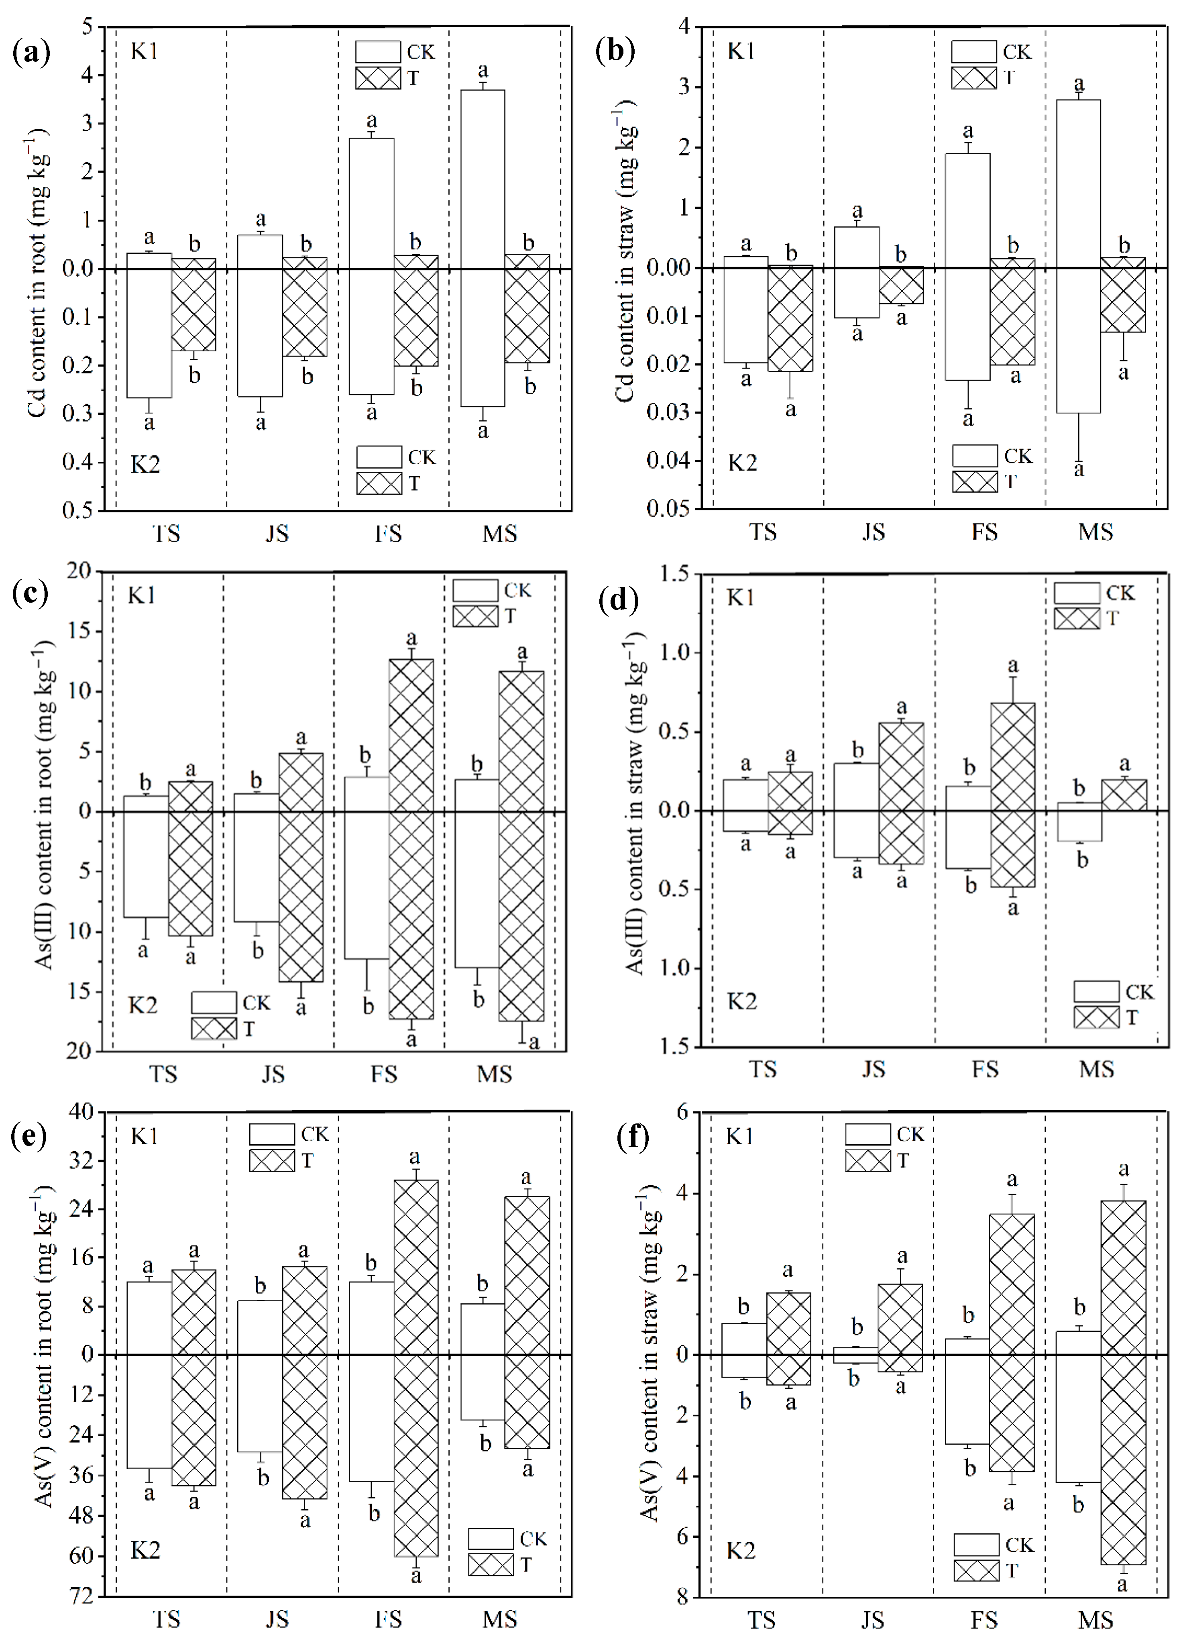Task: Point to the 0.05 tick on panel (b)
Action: coord(667,508)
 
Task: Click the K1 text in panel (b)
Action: coord(741,52)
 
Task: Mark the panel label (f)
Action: coord(632,1136)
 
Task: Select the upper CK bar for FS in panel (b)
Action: coord(967,211)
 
